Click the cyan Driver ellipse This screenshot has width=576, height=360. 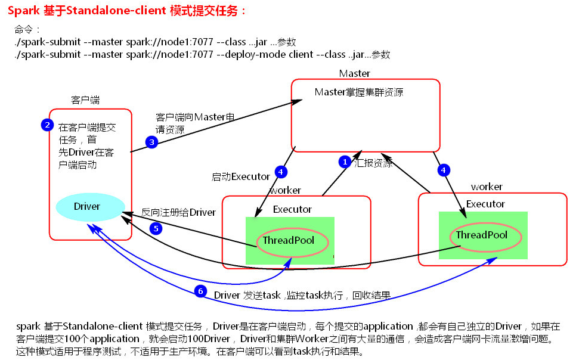[87, 207]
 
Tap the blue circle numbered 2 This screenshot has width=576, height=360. [47, 125]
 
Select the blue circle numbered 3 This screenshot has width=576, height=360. [151, 142]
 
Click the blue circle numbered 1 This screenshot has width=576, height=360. [344, 162]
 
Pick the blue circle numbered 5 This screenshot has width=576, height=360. [156, 229]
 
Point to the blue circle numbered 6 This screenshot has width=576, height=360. [200, 291]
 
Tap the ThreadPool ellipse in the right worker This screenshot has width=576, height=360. [481, 235]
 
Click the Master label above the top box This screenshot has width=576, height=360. [354, 73]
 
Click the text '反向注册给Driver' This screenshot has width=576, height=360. [178, 212]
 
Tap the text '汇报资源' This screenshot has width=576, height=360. [374, 163]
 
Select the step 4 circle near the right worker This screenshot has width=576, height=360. [442, 170]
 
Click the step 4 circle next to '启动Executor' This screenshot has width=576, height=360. [281, 172]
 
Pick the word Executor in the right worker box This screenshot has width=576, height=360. [485, 204]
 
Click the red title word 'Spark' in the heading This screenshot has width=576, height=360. [24, 11]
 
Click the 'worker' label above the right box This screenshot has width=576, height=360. [487, 187]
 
